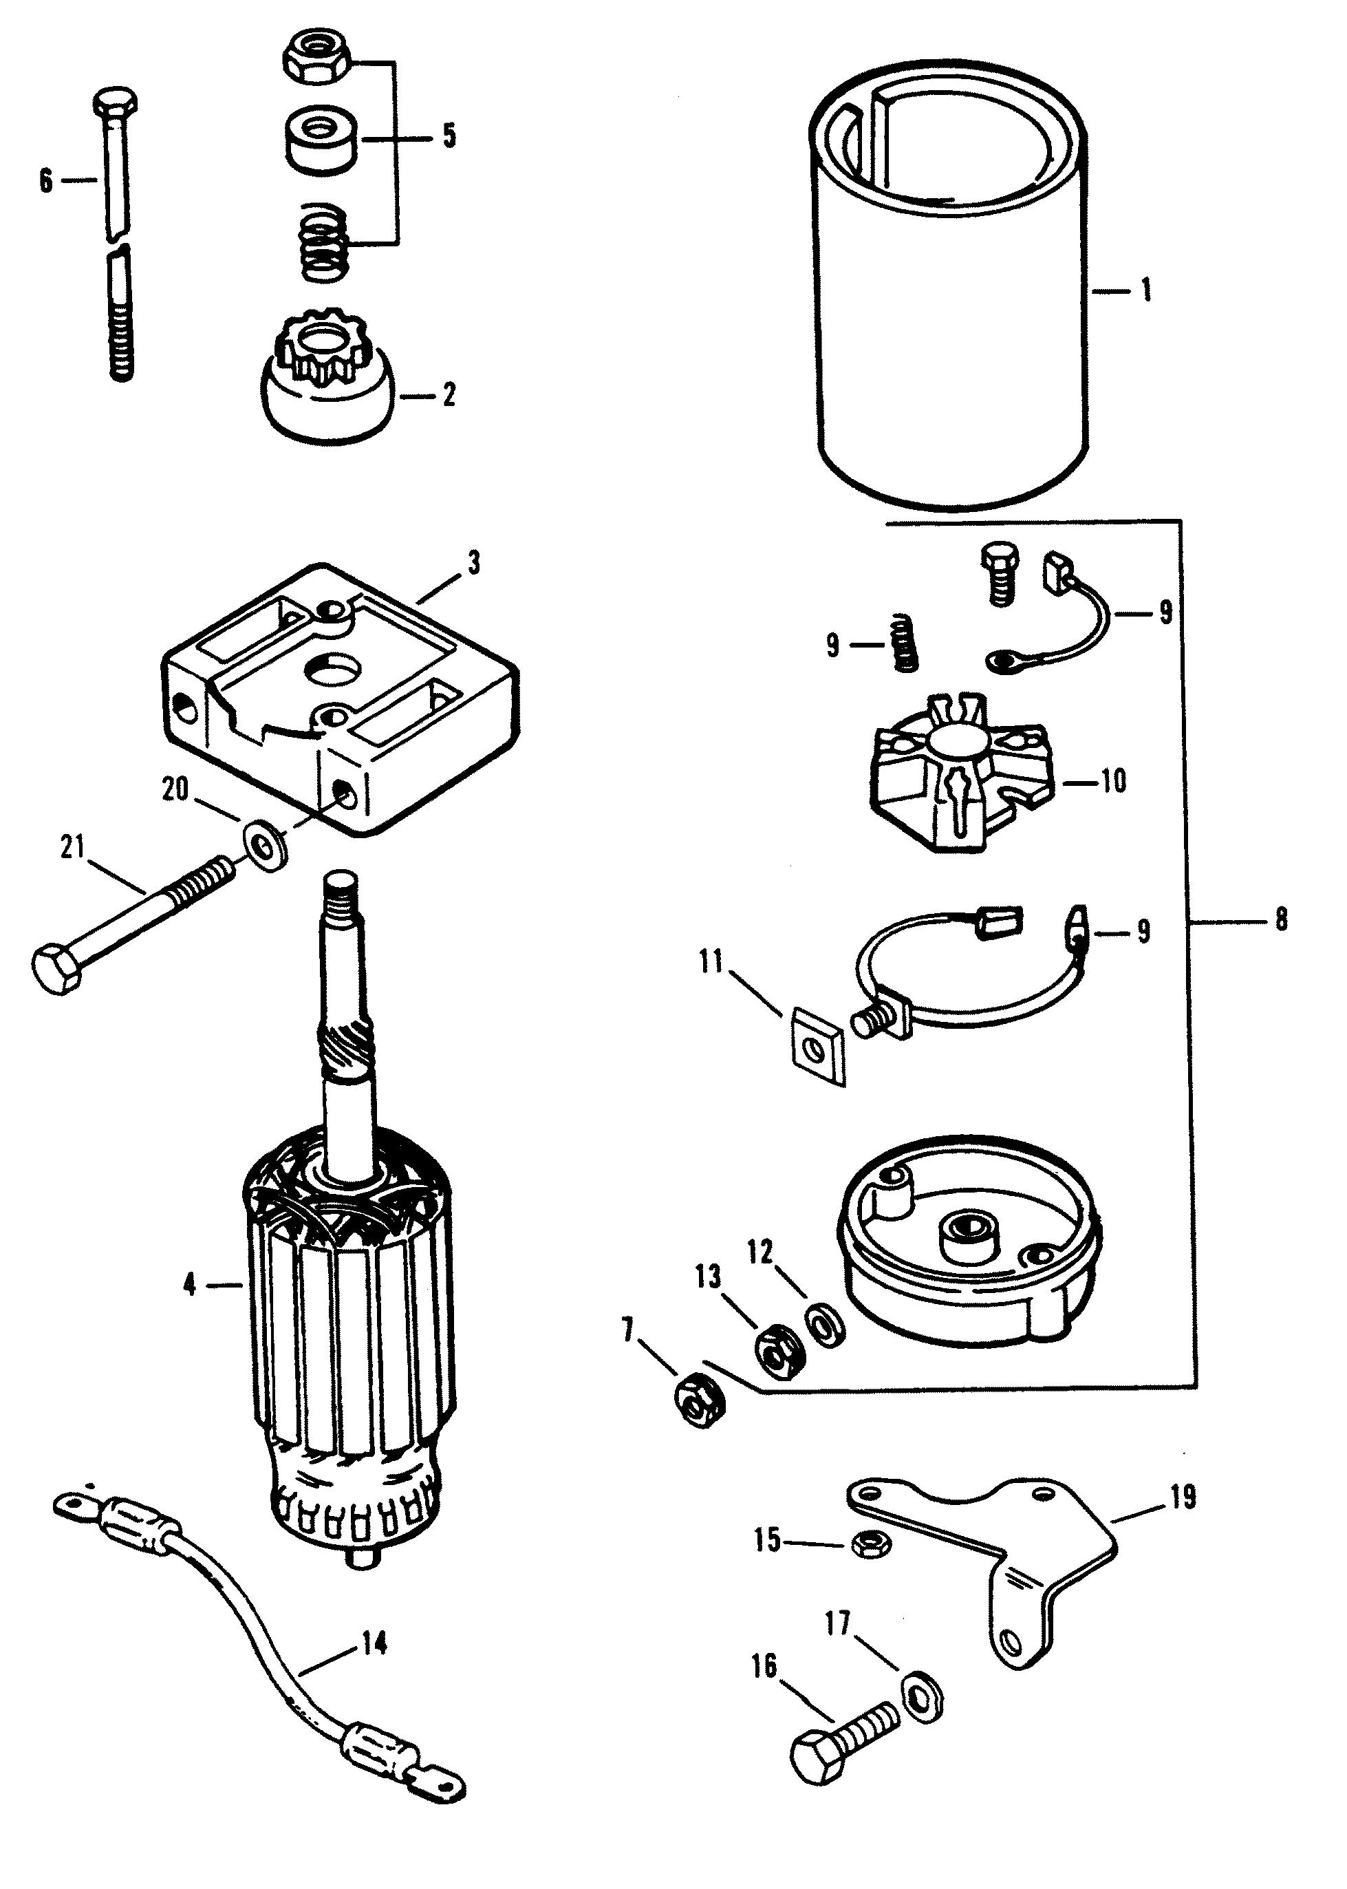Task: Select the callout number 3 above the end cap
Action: tap(473, 564)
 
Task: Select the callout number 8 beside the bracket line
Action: tap(1281, 919)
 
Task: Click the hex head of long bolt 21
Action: tap(58, 968)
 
